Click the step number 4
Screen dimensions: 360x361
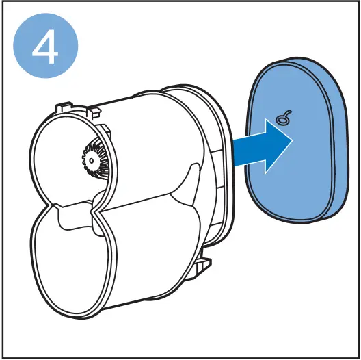(x=46, y=45)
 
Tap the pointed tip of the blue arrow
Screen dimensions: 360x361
(x=292, y=140)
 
